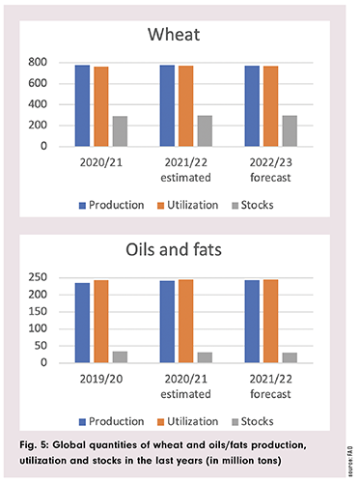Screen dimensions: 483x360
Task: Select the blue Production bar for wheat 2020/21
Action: [x=83, y=106]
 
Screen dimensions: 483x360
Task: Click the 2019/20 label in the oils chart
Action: [x=100, y=377]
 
